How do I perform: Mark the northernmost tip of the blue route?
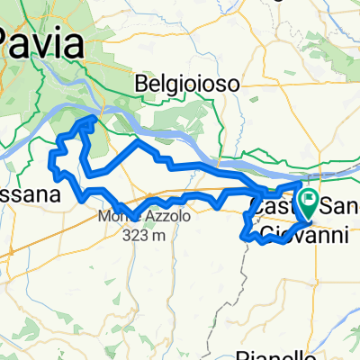point(93,117)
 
